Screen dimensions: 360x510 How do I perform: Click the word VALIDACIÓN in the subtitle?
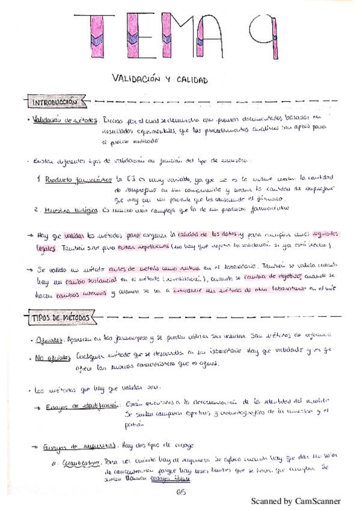click(x=135, y=79)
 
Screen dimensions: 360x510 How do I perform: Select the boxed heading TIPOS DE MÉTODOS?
click(x=60, y=317)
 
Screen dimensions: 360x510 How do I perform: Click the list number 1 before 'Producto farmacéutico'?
click(x=38, y=179)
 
